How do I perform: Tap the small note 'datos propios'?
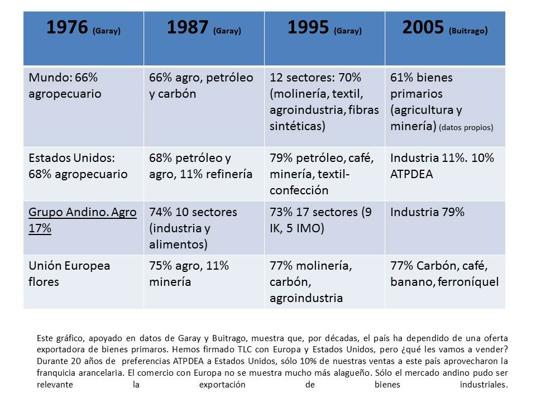[466, 127]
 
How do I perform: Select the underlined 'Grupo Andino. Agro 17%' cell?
[83, 221]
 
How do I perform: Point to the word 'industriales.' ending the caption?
[484, 385]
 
